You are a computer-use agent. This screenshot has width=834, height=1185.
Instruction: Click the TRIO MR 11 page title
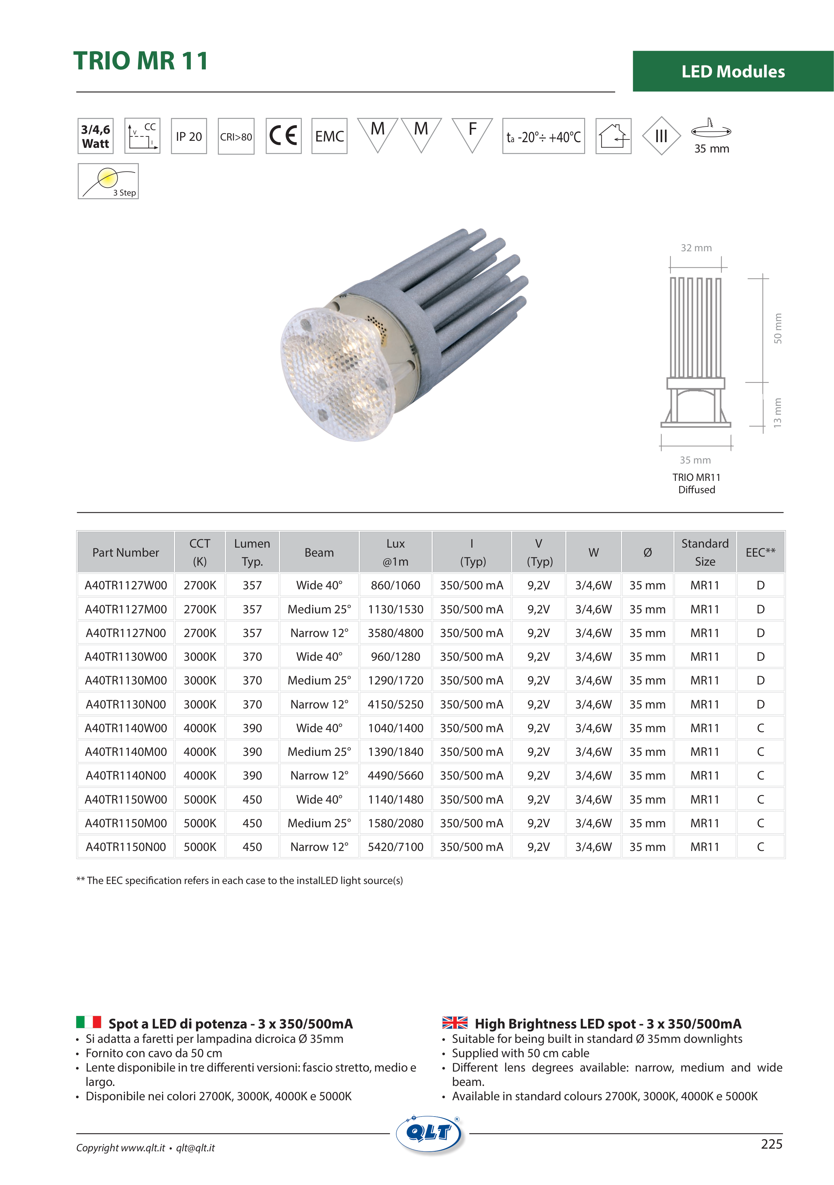click(x=140, y=61)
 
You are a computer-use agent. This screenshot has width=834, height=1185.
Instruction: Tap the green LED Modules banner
click(x=733, y=71)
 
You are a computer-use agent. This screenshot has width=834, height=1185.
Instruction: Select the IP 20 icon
click(x=189, y=136)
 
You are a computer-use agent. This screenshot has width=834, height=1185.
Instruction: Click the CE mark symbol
click(x=283, y=136)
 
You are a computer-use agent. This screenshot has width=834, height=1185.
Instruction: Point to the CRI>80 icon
click(x=236, y=136)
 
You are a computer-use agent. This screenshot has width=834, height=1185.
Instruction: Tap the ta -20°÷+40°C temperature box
click(x=543, y=136)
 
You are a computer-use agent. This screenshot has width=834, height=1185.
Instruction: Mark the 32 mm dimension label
click(x=696, y=248)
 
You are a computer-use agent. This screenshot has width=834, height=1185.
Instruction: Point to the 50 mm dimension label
click(x=778, y=328)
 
